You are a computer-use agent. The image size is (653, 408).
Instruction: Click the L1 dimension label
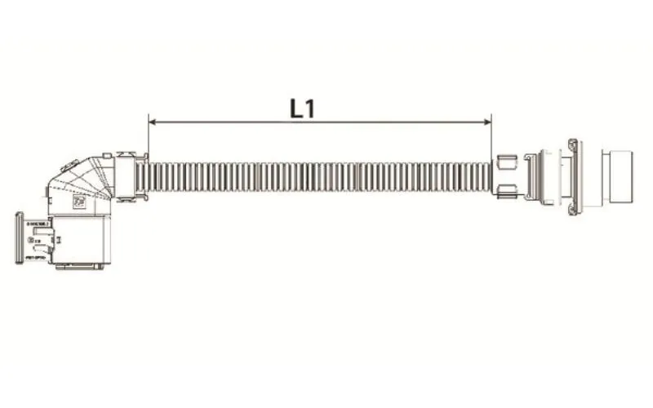point(302,109)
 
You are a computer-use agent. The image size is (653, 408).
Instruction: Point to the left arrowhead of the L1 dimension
point(153,122)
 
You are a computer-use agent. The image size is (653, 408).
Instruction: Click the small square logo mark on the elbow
point(81,202)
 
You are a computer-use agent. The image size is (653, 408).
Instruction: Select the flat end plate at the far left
point(19,237)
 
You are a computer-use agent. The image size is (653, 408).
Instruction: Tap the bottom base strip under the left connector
point(78,266)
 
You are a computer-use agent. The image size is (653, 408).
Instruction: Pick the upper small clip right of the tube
point(504,160)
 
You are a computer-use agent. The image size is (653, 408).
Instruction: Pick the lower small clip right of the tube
point(504,193)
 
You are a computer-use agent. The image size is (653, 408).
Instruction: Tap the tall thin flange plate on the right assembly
point(575,177)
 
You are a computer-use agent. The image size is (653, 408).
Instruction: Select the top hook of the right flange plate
point(575,145)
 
